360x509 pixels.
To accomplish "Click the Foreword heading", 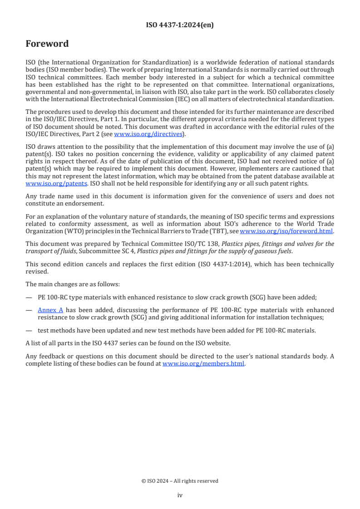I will [x=47, y=44].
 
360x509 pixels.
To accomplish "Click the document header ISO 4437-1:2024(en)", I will [x=180, y=25].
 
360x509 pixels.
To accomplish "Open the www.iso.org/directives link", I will [x=148, y=134].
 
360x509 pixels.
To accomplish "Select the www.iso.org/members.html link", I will [x=203, y=363].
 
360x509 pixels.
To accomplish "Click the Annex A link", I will [x=50, y=310].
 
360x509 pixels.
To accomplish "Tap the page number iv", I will [x=180, y=495].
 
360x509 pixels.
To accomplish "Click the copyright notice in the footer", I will [x=180, y=481].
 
